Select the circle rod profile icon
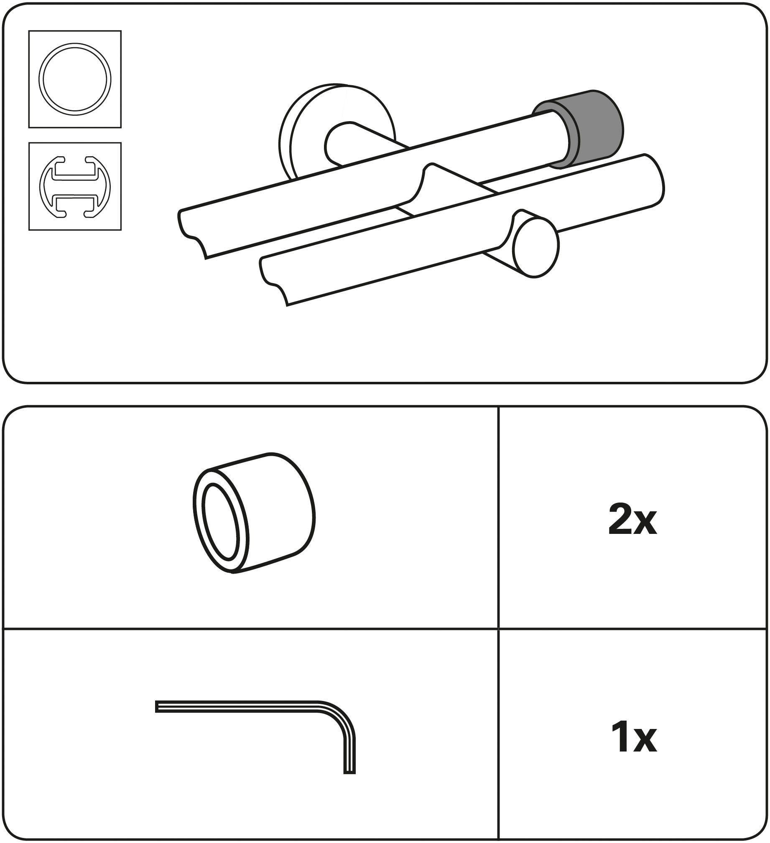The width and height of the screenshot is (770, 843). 75,79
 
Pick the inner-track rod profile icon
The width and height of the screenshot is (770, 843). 75,187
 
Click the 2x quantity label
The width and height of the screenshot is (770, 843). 633,521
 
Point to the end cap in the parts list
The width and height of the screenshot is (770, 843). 254,513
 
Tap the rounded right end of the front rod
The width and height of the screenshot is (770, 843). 653,180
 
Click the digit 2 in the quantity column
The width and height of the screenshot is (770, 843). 621,521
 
